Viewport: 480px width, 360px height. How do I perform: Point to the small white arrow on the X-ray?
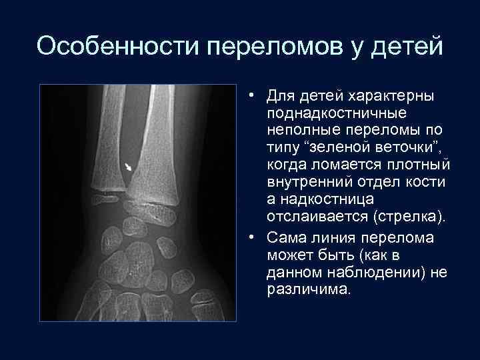129,166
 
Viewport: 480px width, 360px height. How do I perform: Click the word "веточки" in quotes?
408,149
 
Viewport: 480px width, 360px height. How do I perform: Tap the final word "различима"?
308,289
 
